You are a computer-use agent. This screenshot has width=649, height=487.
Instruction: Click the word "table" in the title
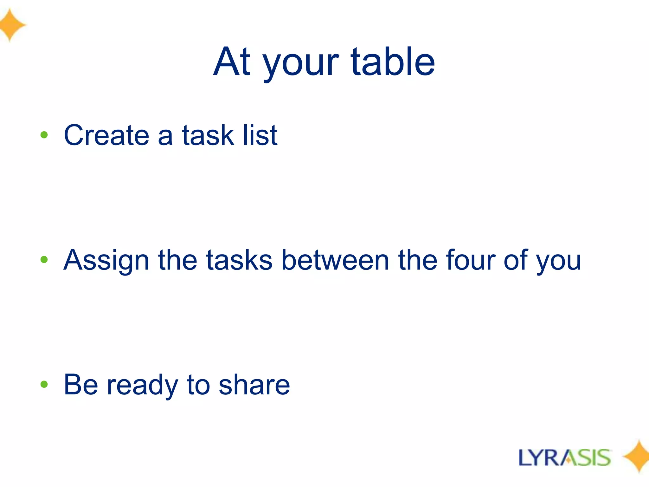[393, 62]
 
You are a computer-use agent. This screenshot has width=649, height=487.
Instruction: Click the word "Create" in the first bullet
[106, 135]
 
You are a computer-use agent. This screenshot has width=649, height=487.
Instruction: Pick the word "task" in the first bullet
[208, 135]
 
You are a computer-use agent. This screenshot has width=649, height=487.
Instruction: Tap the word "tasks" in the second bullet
[239, 260]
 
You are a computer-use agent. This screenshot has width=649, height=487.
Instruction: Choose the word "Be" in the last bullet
[81, 385]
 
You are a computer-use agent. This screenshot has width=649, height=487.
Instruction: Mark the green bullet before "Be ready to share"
[44, 385]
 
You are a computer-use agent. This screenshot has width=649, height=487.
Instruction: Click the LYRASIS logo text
[564, 458]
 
